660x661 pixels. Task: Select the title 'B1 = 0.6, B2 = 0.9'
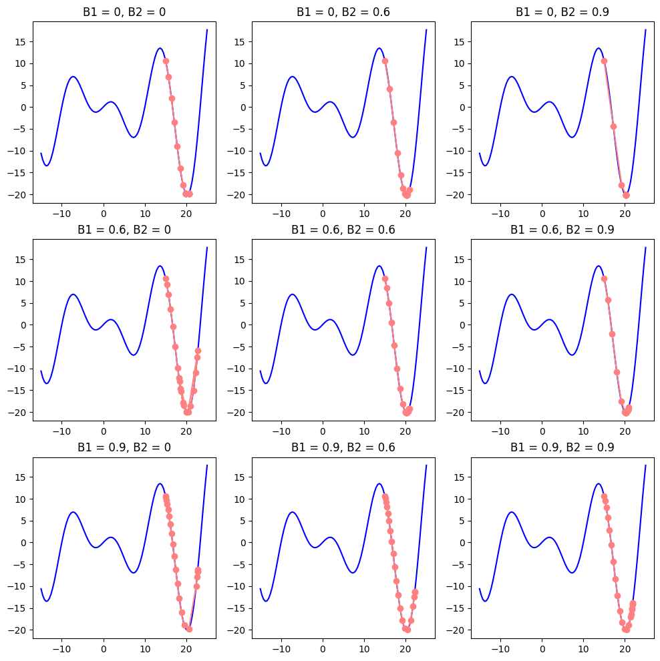(562, 230)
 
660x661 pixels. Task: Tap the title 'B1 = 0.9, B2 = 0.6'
(343, 447)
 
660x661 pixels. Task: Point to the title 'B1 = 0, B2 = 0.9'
(562, 12)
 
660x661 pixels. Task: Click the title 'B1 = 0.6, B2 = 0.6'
(343, 230)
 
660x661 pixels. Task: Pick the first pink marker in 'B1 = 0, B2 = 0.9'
(604, 61)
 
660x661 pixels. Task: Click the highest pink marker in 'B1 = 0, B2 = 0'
(166, 61)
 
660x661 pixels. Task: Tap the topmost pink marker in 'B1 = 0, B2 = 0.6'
(385, 61)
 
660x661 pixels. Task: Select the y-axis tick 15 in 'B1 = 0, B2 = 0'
(20, 41)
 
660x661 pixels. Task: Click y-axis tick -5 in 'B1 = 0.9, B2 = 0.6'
(240, 564)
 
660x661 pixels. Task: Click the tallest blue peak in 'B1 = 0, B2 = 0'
(160, 48)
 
